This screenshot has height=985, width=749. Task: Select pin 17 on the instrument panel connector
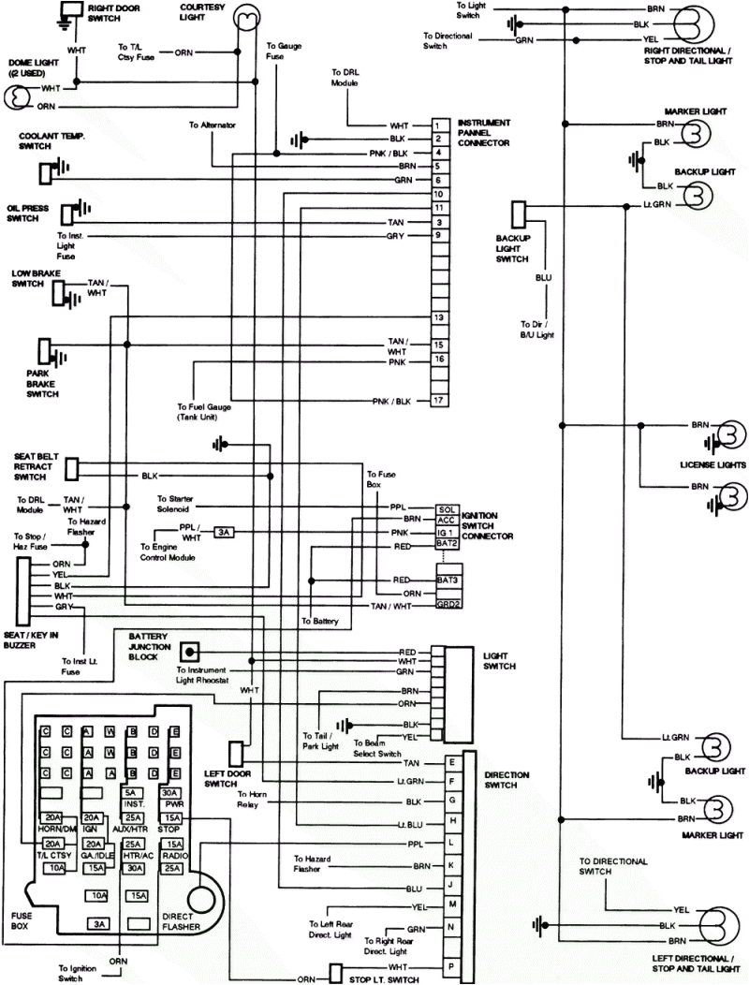pos(437,401)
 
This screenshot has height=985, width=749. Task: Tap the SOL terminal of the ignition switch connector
pos(447,509)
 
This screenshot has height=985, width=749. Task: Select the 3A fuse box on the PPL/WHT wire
pos(225,532)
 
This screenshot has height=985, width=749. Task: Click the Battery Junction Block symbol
pos(190,651)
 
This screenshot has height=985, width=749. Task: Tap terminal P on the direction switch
pos(452,965)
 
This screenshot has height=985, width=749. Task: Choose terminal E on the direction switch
pos(452,763)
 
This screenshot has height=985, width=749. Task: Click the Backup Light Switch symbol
pos(520,213)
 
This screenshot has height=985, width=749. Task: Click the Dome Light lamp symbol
pos(16,96)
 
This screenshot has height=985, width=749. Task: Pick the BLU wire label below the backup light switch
pos(544,278)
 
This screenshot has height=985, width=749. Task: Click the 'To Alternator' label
pos(213,125)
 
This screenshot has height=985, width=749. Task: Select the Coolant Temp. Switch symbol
pos(46,171)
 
